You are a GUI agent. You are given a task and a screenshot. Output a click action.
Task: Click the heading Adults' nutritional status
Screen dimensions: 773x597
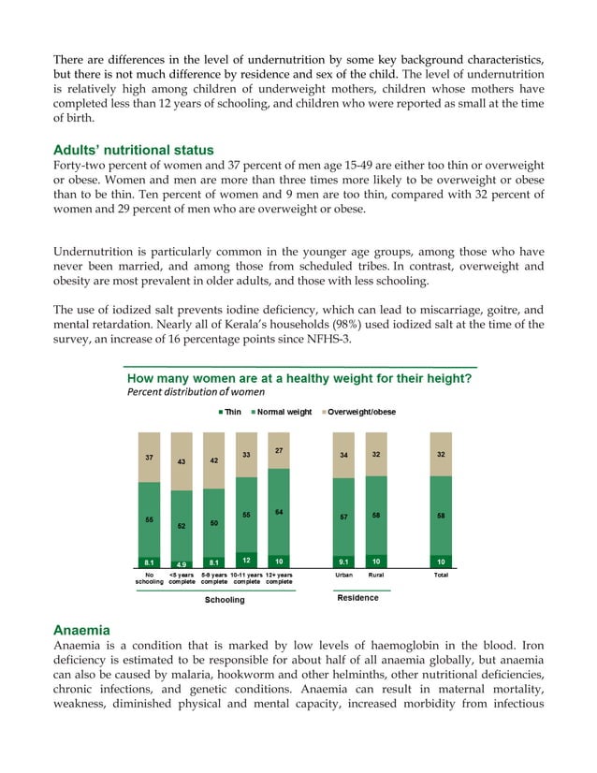pyautogui.click(x=133, y=150)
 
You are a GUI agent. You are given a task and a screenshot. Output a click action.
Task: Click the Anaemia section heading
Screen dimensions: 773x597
pyautogui.click(x=83, y=631)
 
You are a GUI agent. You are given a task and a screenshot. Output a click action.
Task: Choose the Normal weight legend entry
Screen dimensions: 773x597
pyautogui.click(x=281, y=412)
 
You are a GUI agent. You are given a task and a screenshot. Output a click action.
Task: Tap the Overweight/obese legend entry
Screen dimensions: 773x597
pyautogui.click(x=359, y=412)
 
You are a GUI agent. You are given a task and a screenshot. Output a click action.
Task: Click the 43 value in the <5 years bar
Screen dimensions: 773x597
pyautogui.click(x=182, y=462)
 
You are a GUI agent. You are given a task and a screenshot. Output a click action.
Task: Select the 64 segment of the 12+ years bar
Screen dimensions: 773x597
pyautogui.click(x=279, y=512)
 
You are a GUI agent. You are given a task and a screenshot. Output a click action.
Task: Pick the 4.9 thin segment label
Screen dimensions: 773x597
pyautogui.click(x=182, y=563)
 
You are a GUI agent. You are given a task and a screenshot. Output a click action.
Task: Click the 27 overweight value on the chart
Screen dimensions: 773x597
pyautogui.click(x=279, y=450)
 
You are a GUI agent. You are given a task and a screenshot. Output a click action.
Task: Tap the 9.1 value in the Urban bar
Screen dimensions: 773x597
pyautogui.click(x=343, y=562)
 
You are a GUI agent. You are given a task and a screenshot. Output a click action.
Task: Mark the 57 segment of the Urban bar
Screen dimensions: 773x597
pyautogui.click(x=343, y=517)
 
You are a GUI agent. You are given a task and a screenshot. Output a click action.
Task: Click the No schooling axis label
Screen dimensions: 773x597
pyautogui.click(x=150, y=578)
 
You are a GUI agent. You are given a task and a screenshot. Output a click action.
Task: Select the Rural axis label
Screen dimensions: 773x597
pyautogui.click(x=376, y=575)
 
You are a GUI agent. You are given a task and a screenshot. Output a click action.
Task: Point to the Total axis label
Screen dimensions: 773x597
pyautogui.click(x=440, y=575)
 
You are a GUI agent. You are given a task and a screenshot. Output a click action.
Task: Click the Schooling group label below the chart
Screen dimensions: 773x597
pyautogui.click(x=225, y=600)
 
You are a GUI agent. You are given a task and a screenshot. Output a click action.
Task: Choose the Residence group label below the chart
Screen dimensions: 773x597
pyautogui.click(x=357, y=598)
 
